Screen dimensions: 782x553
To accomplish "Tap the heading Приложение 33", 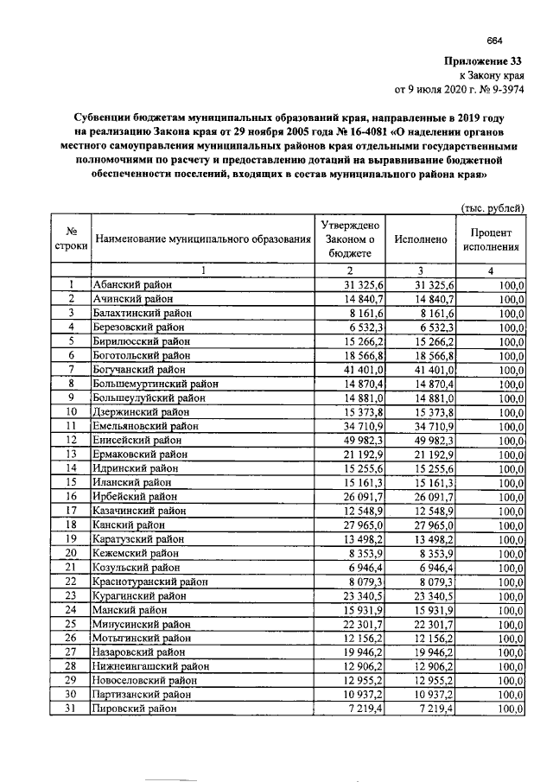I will click(484, 60).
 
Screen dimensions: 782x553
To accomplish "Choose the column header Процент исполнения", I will click(491, 239).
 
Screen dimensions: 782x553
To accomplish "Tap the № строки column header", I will click(68, 239).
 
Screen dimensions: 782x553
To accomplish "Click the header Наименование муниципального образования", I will click(201, 239).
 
